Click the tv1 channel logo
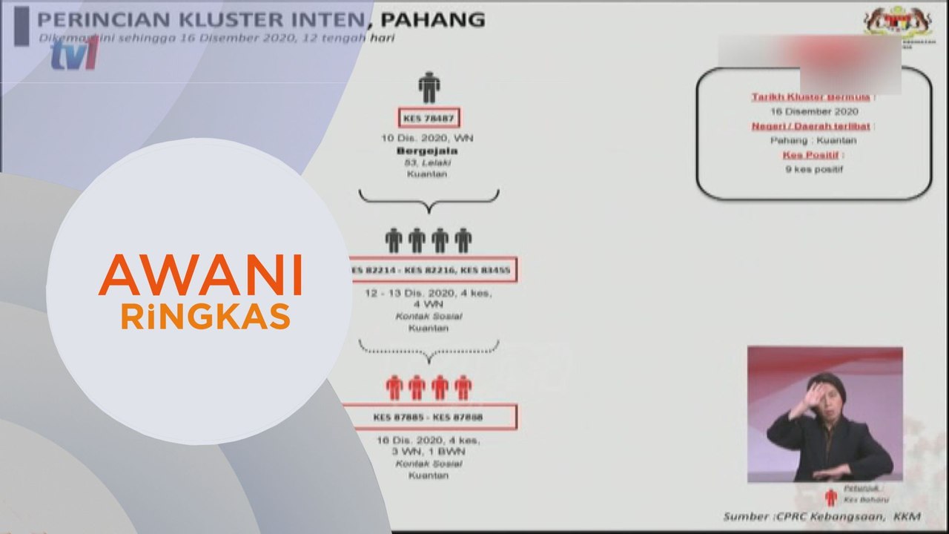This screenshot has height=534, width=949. (74, 53)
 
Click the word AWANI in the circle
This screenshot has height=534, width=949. (200, 275)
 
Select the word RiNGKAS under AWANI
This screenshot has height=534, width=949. (205, 317)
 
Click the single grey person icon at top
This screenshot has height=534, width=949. (429, 88)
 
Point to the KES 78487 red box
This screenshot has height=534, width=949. (429, 118)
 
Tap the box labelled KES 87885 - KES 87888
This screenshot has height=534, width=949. (429, 418)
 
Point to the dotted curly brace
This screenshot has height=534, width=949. (429, 347)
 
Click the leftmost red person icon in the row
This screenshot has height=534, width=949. (394, 387)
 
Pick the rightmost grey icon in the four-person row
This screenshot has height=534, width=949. (463, 240)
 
